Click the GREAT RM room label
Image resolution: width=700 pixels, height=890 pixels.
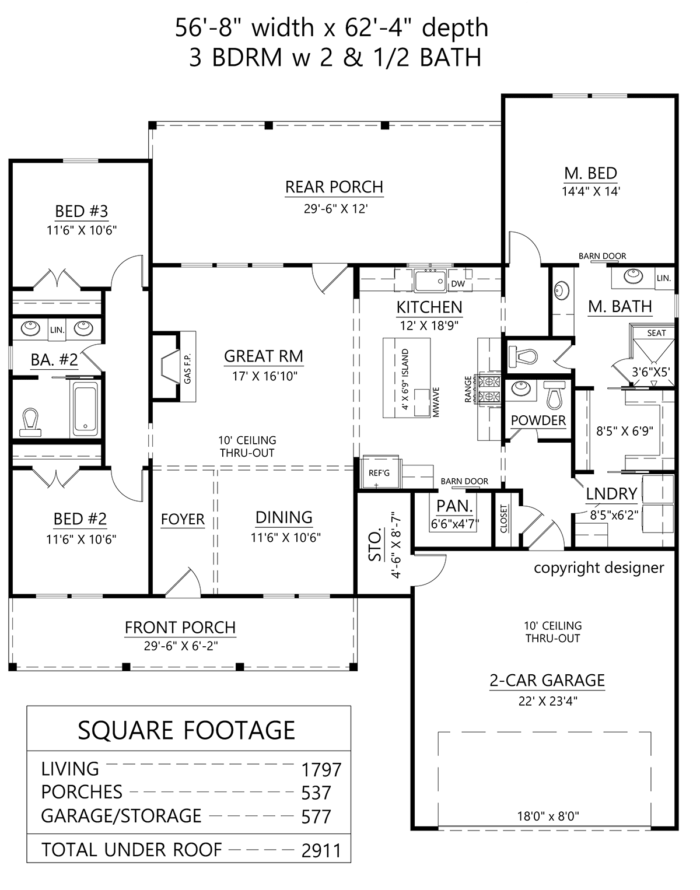pyautogui.click(x=264, y=356)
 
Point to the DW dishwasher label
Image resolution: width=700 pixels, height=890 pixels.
pyautogui.click(x=458, y=283)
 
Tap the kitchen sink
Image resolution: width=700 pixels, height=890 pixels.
pyautogui.click(x=430, y=281)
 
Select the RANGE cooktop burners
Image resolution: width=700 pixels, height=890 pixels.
pyautogui.click(x=490, y=390)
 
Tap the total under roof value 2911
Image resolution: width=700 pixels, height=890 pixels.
pyautogui.click(x=321, y=851)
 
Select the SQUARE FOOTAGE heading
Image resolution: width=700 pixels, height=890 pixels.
pyautogui.click(x=187, y=730)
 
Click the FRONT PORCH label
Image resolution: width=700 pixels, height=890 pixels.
pyautogui.click(x=180, y=628)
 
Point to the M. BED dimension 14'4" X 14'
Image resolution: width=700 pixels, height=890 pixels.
pyautogui.click(x=591, y=191)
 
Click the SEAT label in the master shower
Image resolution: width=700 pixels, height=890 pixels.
pyautogui.click(x=657, y=333)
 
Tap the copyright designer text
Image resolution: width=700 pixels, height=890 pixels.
pyautogui.click(x=599, y=568)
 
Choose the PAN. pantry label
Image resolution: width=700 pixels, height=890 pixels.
pyautogui.click(x=454, y=506)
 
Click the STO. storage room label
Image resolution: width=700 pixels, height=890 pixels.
pyautogui.click(x=375, y=546)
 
